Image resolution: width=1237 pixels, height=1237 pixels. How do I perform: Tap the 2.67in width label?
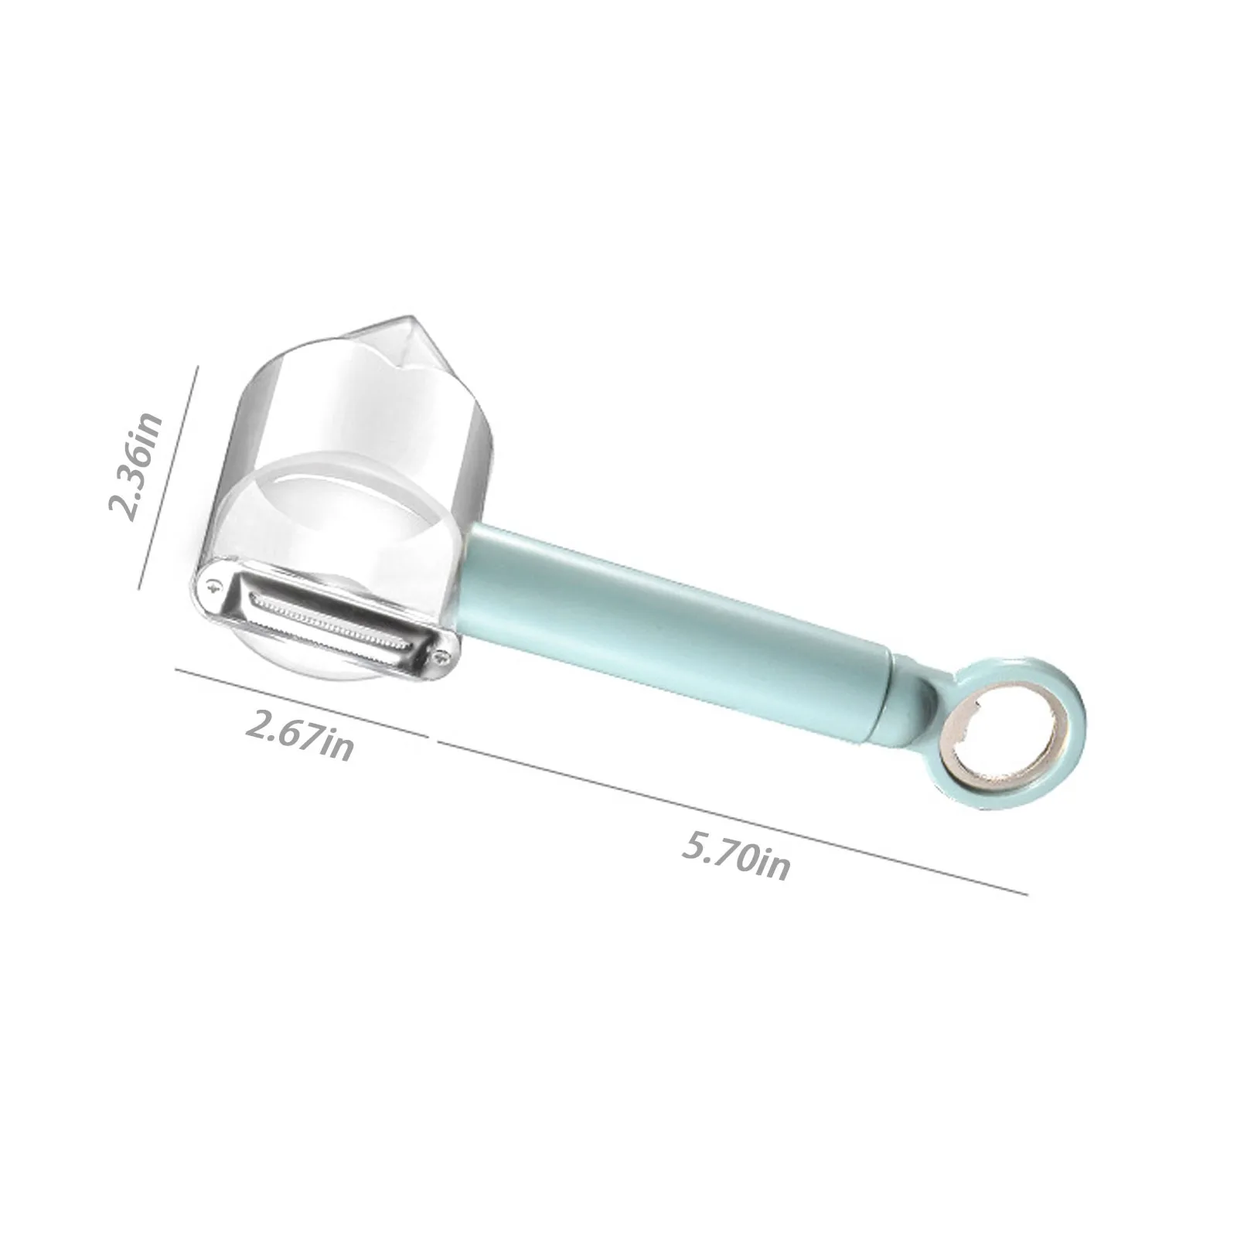point(299,735)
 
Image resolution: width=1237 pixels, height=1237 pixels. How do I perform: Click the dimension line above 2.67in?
point(302,702)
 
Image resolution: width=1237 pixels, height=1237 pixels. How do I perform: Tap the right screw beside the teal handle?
point(441,658)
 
